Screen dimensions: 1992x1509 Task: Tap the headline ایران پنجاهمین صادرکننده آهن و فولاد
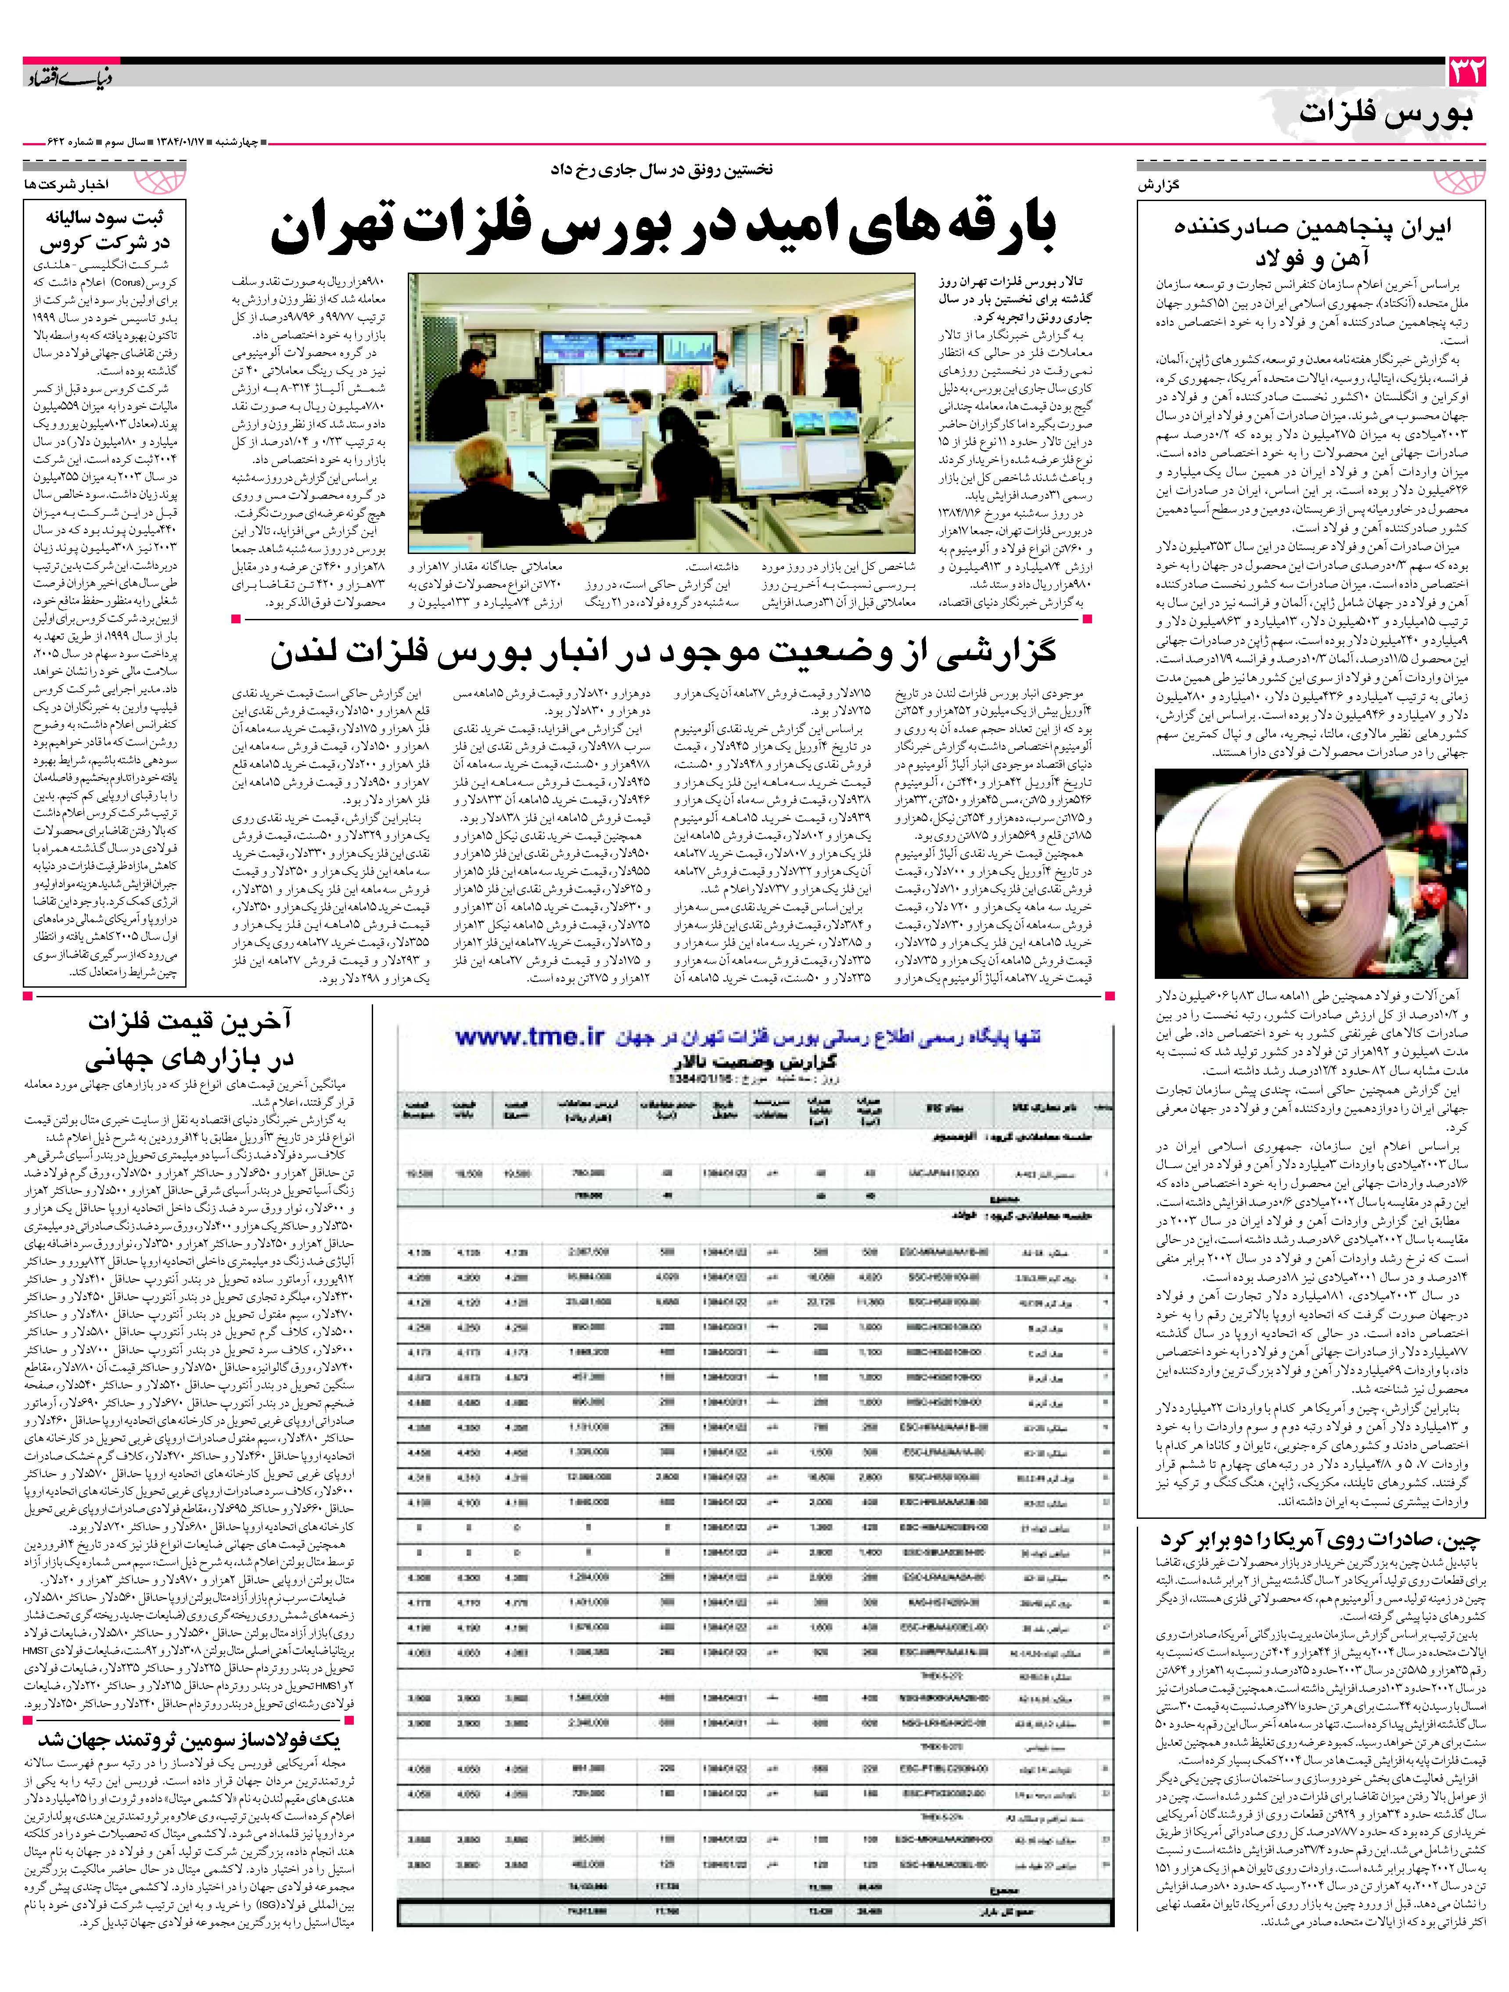pyautogui.click(x=1304, y=241)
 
